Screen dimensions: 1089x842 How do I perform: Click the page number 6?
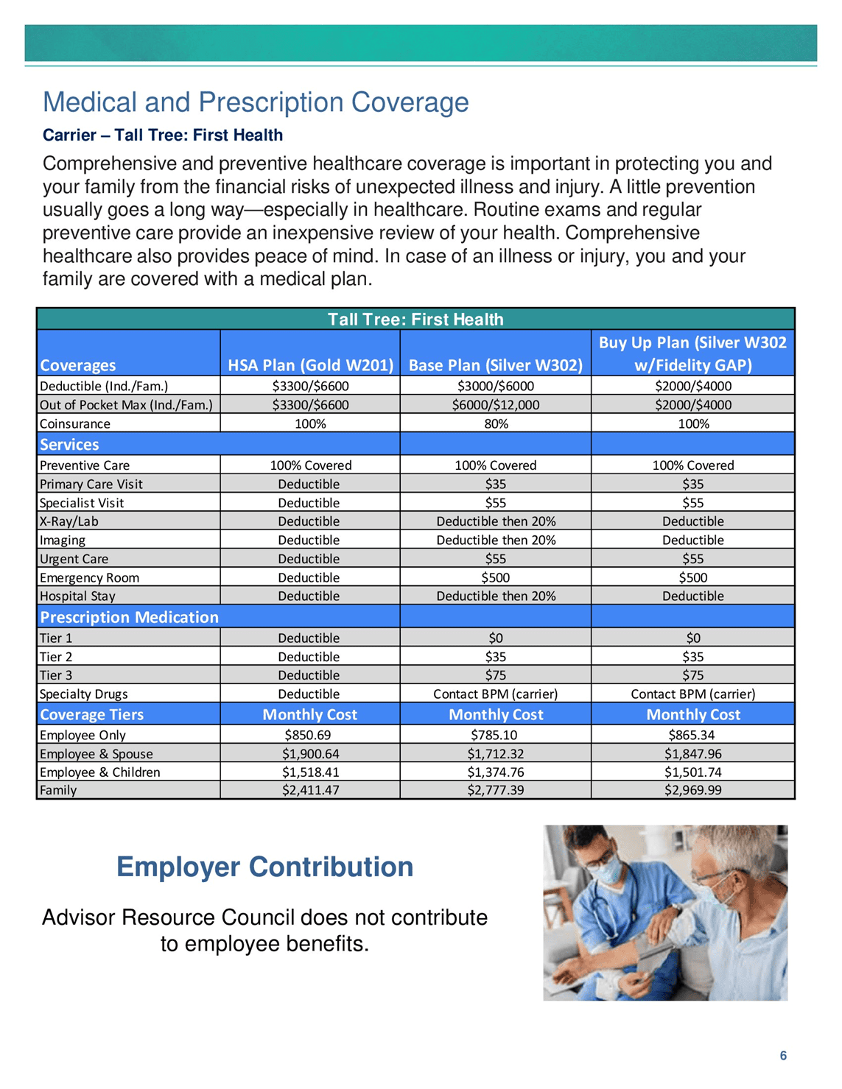click(783, 1056)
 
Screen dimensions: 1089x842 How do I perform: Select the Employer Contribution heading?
click(264, 867)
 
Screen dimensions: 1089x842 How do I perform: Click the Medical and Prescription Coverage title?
click(256, 102)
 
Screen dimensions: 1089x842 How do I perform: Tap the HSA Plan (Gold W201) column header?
click(310, 365)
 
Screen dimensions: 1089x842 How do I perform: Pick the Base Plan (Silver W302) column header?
click(496, 365)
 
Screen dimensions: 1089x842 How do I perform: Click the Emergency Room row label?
click(89, 578)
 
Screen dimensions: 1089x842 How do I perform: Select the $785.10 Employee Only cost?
click(496, 735)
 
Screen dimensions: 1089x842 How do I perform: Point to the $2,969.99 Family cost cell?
click(693, 790)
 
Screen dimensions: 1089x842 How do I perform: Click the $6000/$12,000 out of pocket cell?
click(496, 405)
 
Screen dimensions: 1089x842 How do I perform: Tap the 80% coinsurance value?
click(496, 424)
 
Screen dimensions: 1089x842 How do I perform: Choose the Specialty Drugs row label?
click(83, 694)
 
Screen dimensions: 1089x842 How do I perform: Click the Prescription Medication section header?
click(129, 617)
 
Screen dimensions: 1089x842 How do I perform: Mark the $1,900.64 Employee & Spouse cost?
click(310, 754)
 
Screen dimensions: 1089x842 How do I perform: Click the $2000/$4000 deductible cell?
click(693, 386)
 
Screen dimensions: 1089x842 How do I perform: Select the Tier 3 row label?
click(56, 675)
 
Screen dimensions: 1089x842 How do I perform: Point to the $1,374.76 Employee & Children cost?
click(496, 772)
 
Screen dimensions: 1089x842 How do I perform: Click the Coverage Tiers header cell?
click(91, 715)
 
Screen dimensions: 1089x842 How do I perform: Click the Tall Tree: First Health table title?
click(415, 320)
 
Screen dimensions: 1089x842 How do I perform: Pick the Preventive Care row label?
click(85, 465)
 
